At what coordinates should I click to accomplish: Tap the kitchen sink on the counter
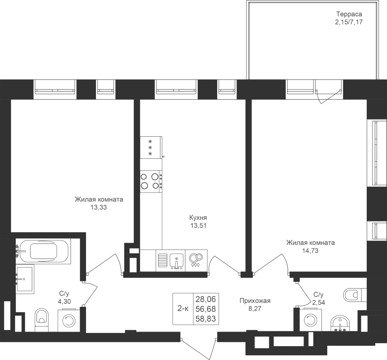pos(176,261)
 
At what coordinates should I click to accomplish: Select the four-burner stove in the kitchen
pos(151,182)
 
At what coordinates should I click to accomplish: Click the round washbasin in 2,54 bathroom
pos(341,323)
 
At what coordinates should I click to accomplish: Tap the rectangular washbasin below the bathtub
pos(25,279)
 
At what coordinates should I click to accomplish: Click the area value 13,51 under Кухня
pos(198,225)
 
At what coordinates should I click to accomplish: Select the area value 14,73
pos(310,251)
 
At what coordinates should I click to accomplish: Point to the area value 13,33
pos(99,207)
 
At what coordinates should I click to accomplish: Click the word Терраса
pos(349,14)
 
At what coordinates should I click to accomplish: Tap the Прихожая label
pos(255,301)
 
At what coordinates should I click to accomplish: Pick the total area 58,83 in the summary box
pos(206,319)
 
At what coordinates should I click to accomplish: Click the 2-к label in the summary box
pos(183,308)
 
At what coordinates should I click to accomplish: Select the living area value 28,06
pos(206,299)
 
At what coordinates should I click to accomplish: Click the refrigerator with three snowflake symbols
pos(151,148)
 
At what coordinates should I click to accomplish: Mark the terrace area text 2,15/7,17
pos(348,22)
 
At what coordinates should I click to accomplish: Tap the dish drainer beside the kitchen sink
pos(162,261)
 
